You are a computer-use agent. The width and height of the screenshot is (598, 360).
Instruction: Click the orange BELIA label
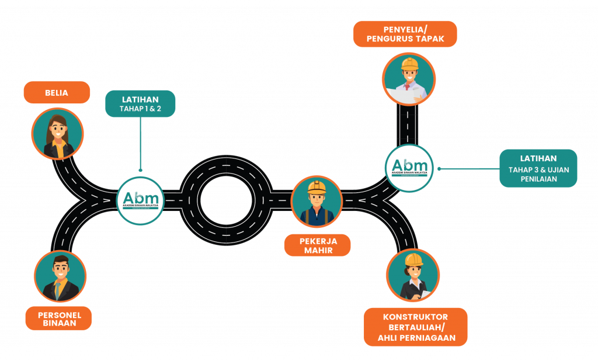[57, 92]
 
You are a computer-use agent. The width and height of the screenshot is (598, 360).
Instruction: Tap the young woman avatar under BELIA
[57, 134]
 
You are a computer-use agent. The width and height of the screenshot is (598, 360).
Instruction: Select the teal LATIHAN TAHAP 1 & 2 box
[140, 103]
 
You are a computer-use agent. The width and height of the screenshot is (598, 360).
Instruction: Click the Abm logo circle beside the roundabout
[141, 200]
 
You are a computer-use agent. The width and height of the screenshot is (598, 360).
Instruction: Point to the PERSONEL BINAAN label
[58, 319]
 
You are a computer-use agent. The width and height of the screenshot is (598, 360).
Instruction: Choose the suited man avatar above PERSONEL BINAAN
[60, 276]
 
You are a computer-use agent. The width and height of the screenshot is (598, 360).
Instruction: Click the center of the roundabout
[226, 200]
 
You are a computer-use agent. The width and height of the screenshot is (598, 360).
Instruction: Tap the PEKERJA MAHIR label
[317, 245]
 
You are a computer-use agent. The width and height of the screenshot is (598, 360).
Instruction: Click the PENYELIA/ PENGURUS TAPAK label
[405, 34]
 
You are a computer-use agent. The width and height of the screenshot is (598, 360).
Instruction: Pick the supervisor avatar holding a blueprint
[409, 78]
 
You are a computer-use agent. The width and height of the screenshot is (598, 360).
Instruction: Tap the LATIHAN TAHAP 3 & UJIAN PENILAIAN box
[538, 168]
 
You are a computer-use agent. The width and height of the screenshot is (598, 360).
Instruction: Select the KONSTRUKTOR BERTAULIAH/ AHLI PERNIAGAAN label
[415, 327]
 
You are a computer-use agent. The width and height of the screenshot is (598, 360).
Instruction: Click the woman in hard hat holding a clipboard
[413, 276]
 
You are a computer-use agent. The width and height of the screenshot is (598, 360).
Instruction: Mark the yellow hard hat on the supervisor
[409, 63]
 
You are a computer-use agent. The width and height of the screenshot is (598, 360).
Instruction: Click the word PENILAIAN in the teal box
[538, 179]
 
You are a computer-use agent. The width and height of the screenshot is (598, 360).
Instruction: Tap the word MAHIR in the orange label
[317, 251]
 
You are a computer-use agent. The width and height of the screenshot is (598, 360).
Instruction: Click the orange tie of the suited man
[58, 289]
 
